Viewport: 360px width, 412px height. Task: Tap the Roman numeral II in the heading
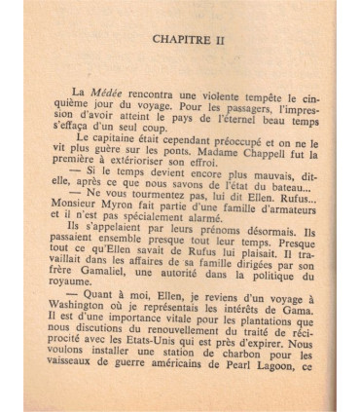point(227,39)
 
